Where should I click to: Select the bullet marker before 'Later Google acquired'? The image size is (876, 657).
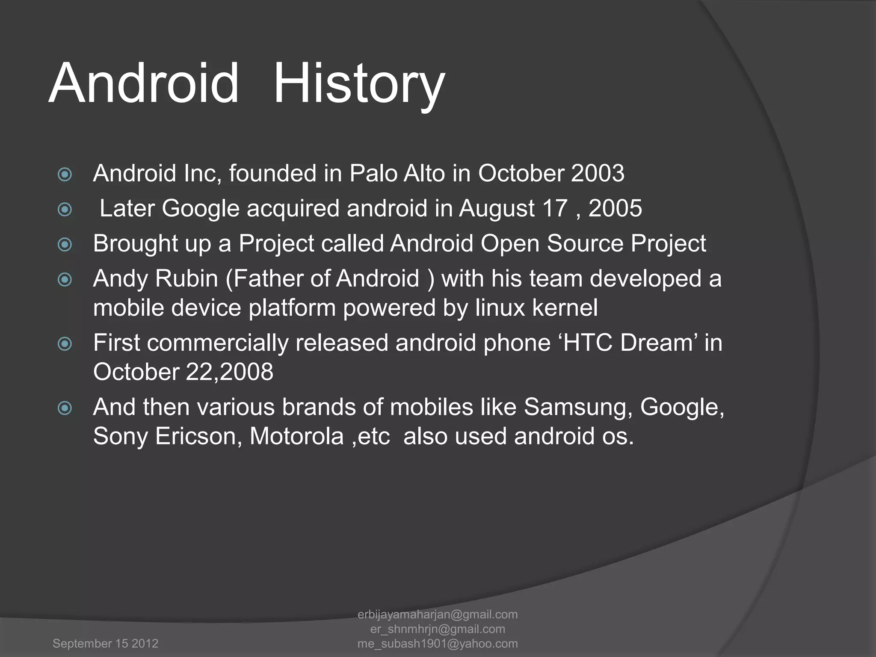(x=65, y=209)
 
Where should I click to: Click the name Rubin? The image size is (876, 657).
(x=186, y=278)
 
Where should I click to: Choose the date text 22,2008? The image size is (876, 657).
(x=229, y=372)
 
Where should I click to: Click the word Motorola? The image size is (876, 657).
(x=297, y=436)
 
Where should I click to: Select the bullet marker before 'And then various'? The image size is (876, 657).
(x=65, y=408)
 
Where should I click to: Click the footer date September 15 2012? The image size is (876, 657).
(x=105, y=643)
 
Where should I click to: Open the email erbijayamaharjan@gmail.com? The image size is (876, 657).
(x=438, y=614)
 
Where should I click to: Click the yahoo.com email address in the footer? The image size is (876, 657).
(x=438, y=643)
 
